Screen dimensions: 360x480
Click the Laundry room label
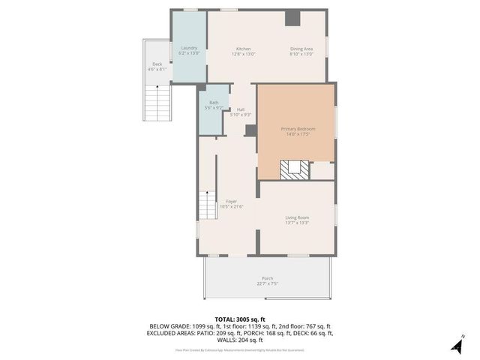click(x=188, y=48)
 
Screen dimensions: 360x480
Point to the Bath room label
click(x=214, y=103)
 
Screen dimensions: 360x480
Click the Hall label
click(x=241, y=109)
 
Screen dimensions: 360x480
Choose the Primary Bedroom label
click(x=298, y=129)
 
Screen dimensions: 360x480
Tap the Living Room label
click(x=297, y=217)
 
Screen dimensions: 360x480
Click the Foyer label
click(x=231, y=202)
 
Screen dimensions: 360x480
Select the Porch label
click(x=267, y=278)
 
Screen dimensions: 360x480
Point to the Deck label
click(x=157, y=64)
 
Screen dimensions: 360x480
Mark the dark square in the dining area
click(x=292, y=19)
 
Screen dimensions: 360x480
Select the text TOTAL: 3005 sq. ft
click(x=240, y=319)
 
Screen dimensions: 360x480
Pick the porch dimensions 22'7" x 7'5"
click(x=267, y=284)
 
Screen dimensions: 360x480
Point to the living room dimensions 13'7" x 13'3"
click(x=297, y=223)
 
